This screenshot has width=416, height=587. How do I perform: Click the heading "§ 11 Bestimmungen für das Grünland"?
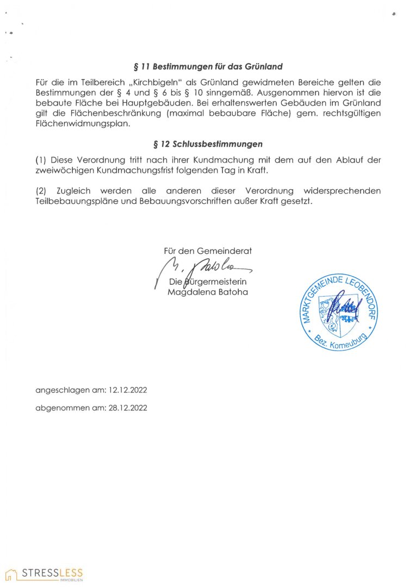(x=208, y=67)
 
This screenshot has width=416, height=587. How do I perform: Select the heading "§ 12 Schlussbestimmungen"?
(x=208, y=144)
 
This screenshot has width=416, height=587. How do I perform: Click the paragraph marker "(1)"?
(x=41, y=160)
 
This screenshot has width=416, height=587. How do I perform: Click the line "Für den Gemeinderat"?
(x=208, y=251)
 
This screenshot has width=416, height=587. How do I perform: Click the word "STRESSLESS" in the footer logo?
(x=53, y=572)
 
